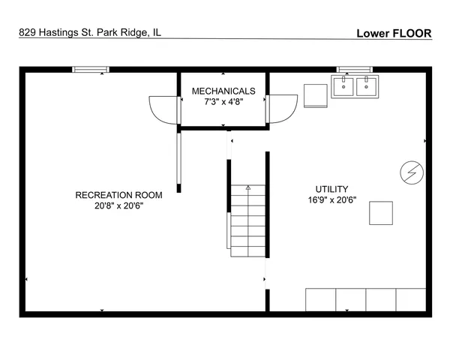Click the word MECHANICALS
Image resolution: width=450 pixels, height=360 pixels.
pos(223,91)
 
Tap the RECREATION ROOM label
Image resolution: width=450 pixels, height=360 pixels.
pos(118,195)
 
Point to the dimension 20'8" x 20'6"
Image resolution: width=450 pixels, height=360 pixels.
pos(118,206)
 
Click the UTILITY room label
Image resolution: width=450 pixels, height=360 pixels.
pos(331,189)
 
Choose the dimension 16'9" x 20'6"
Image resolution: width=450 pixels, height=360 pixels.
pos(331,200)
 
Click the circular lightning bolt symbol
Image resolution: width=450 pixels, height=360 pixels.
pos(410,172)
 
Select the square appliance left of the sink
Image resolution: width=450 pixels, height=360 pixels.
pos(315,96)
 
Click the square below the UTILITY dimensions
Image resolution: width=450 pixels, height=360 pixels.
pos(381,213)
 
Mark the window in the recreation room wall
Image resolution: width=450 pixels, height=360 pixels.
pos(91,70)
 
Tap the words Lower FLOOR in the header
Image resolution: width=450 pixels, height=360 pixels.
pos(394,33)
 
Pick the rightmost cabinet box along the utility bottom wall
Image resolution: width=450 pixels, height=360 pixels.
pos(411,299)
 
